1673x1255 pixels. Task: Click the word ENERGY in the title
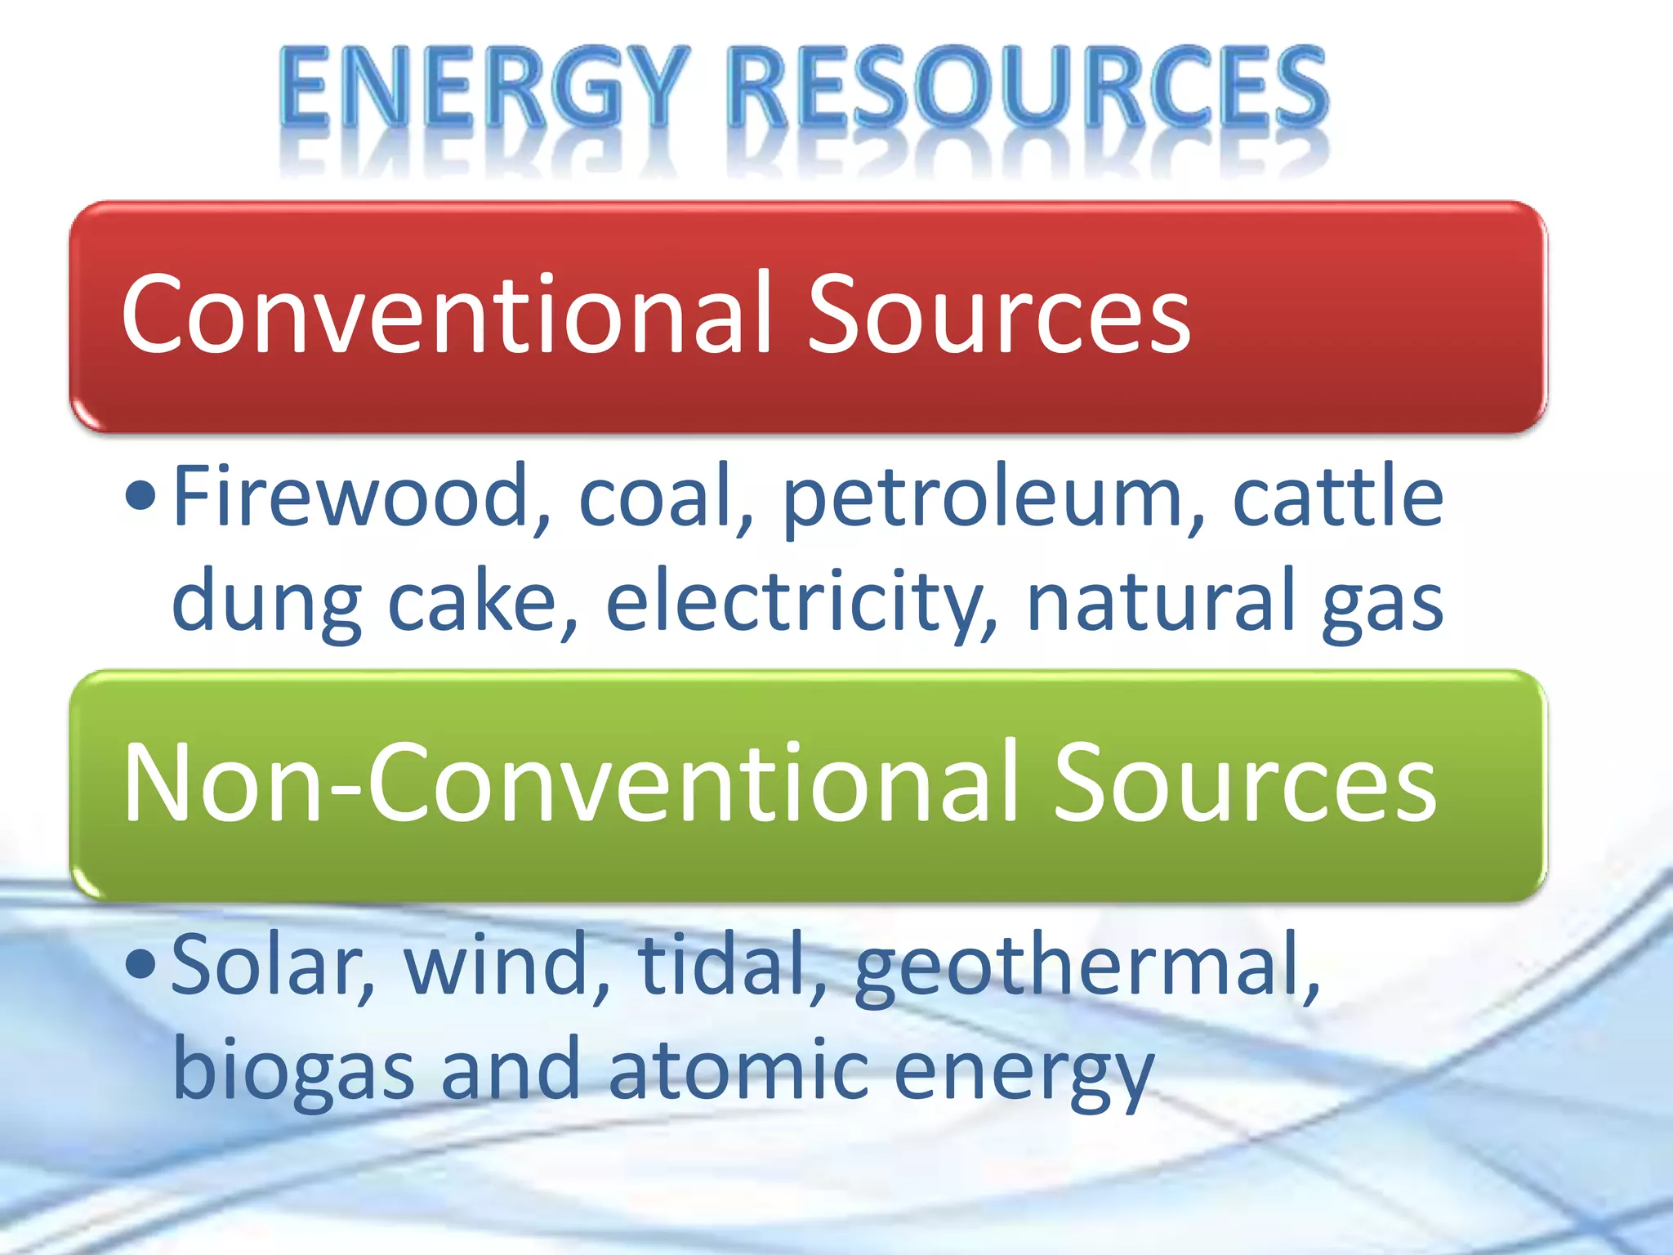pyautogui.click(x=482, y=88)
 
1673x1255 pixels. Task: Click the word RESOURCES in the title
pyautogui.click(x=1028, y=88)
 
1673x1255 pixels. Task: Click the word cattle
pyautogui.click(x=1337, y=496)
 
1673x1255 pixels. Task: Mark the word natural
pyautogui.click(x=1160, y=601)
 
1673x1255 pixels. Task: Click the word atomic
pyautogui.click(x=738, y=1070)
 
